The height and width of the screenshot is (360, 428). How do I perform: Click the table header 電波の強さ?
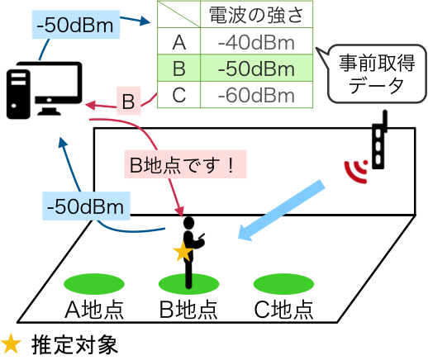pyautogui.click(x=256, y=15)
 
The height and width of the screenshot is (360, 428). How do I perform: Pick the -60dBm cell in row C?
pyautogui.click(x=256, y=95)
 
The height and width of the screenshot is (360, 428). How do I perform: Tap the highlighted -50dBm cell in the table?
pyautogui.click(x=256, y=69)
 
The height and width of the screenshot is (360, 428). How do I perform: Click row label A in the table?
pyautogui.click(x=179, y=43)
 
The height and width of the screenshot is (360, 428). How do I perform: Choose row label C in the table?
pyautogui.click(x=179, y=95)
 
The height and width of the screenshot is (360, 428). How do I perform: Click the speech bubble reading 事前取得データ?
pyautogui.click(x=377, y=73)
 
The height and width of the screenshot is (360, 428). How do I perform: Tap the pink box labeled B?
pyautogui.click(x=128, y=101)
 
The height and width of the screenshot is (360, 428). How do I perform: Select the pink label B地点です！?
pyautogui.click(x=185, y=164)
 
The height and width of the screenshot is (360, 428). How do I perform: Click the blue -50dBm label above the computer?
pyautogui.click(x=76, y=25)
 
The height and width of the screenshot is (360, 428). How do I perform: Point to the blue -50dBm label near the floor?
pyautogui.click(x=86, y=206)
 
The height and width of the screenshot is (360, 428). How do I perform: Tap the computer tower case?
pyautogui.click(x=18, y=94)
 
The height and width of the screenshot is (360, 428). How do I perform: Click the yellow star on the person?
pyautogui.click(x=183, y=251)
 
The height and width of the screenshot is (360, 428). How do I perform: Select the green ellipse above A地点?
pyautogui.click(x=94, y=284)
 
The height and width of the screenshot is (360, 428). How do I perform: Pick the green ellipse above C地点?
pyautogui.click(x=283, y=284)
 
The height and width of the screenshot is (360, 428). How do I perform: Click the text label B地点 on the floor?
pyautogui.click(x=188, y=310)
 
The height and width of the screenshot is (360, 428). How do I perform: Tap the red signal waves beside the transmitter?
pyautogui.click(x=356, y=171)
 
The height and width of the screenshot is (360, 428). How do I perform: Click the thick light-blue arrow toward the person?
pyautogui.click(x=281, y=211)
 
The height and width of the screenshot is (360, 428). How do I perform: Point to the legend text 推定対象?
pyautogui.click(x=74, y=344)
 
